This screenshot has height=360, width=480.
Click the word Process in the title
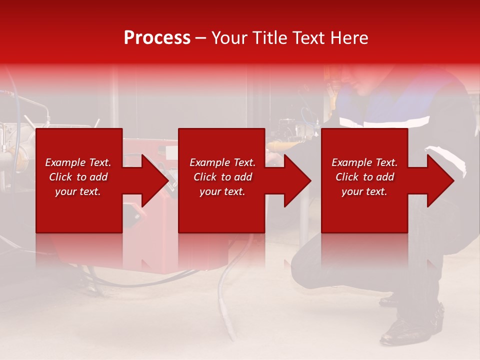click(x=157, y=38)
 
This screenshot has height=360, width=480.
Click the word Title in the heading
click(x=269, y=38)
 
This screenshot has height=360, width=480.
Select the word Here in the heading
click(x=349, y=38)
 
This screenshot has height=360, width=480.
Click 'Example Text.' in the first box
click(x=78, y=162)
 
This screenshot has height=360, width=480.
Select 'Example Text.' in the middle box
click(x=222, y=162)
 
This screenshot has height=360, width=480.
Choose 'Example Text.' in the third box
click(x=364, y=162)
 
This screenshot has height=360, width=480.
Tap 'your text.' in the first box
click(x=78, y=191)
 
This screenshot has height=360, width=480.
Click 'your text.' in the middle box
click(x=222, y=191)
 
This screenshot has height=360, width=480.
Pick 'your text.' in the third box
click(x=364, y=191)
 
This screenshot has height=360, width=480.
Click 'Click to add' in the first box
click(x=78, y=177)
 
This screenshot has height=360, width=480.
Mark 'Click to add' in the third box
click(x=364, y=177)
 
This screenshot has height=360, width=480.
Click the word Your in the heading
click(x=229, y=38)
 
